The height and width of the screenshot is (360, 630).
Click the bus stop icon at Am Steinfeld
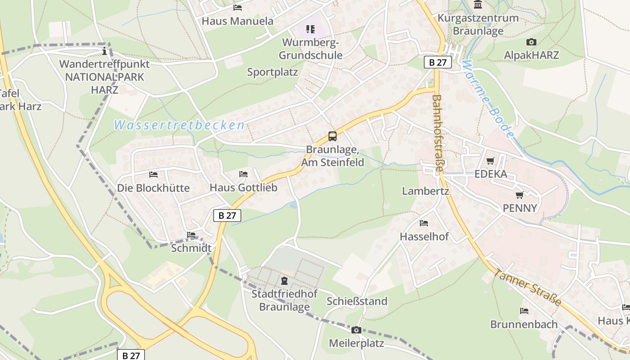click(x=332, y=136)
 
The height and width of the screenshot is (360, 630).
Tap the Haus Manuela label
click(x=237, y=21)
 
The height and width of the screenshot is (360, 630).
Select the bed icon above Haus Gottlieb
click(x=243, y=174)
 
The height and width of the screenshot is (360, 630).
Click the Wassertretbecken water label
click(x=179, y=125)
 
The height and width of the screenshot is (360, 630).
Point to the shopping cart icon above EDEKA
click(x=490, y=161)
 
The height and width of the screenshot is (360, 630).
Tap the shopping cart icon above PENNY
click(x=520, y=195)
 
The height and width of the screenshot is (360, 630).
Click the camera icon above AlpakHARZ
click(x=531, y=42)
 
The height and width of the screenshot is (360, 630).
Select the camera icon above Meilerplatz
click(x=356, y=330)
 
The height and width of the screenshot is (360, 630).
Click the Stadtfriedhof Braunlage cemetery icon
click(x=284, y=281)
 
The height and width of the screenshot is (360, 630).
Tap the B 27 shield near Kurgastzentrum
click(x=437, y=63)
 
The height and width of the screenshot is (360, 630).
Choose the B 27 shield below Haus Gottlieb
click(x=227, y=216)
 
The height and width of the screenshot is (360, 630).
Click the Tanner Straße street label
click(x=527, y=287)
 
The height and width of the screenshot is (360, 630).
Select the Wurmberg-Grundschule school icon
click(x=310, y=29)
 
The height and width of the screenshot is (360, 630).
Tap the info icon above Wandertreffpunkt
click(x=104, y=50)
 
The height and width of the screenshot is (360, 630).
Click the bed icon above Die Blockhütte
click(x=153, y=174)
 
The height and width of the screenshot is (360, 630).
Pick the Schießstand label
click(x=357, y=301)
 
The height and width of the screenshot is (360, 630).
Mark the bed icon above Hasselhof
click(x=423, y=223)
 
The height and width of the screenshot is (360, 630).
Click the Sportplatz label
click(x=272, y=72)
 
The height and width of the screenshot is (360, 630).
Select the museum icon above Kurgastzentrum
click(x=478, y=5)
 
